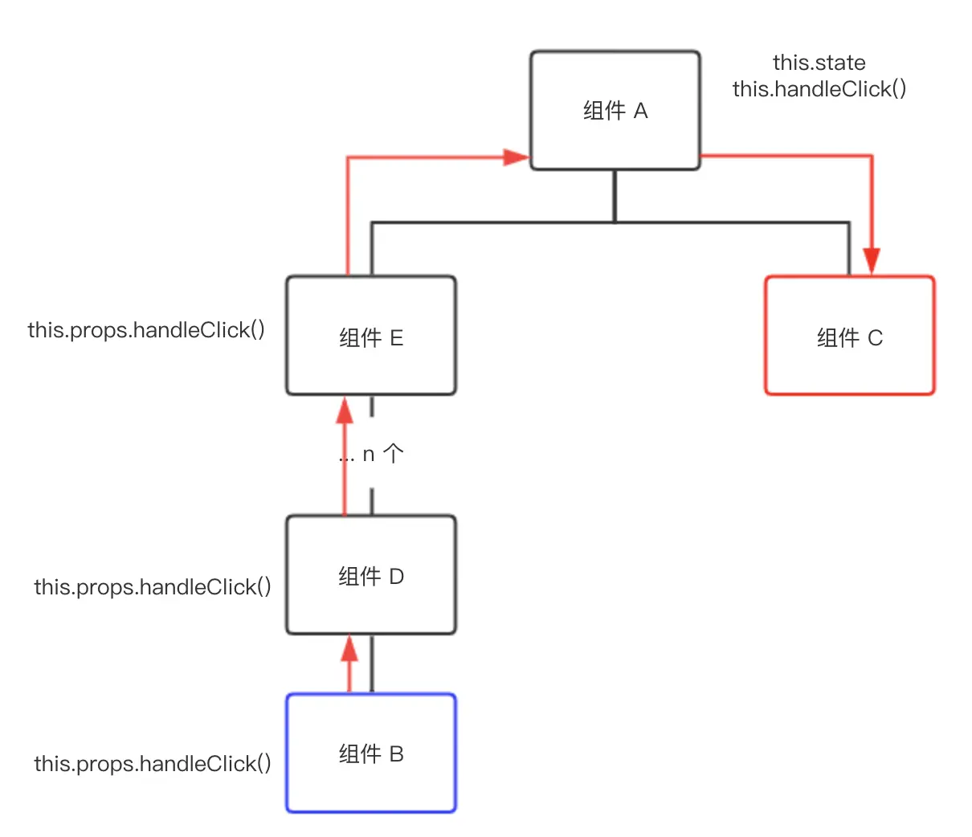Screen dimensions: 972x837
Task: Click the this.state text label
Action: tap(819, 63)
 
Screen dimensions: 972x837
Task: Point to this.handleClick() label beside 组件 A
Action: tap(819, 89)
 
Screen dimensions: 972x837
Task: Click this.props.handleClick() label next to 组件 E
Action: tap(146, 330)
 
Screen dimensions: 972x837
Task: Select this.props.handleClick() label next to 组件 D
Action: tap(153, 587)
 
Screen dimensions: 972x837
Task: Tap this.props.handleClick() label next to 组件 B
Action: tap(153, 764)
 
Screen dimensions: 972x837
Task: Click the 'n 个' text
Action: tap(383, 454)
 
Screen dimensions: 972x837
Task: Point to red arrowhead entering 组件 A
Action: tap(517, 157)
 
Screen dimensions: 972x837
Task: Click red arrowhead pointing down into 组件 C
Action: tap(872, 261)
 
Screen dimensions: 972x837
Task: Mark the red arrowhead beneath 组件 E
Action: tap(345, 410)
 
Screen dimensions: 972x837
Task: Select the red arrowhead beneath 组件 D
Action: tap(349, 648)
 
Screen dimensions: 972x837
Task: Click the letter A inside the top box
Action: tap(640, 111)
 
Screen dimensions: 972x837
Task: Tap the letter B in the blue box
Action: tap(396, 753)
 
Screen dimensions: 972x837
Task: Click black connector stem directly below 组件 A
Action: tap(615, 196)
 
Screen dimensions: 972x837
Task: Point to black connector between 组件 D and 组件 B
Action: tap(371, 664)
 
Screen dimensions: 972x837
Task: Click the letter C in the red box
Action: tap(875, 337)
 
